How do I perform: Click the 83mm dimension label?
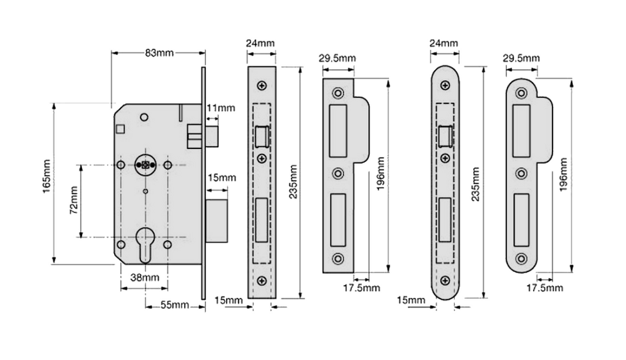pyautogui.click(x=159, y=53)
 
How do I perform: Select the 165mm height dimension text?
pyautogui.click(x=47, y=183)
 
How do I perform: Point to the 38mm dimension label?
pyautogui.click(x=145, y=277)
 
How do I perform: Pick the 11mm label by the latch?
pyautogui.click(x=221, y=108)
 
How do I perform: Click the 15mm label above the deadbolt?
pyautogui.click(x=221, y=178)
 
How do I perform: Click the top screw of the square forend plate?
pyautogui.click(x=262, y=86)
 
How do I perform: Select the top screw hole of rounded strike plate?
pyautogui.click(x=521, y=94)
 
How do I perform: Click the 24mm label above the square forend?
pyautogui.click(x=260, y=43)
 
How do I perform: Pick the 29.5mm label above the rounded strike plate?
pyautogui.click(x=521, y=58)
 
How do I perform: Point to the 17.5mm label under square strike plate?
pyautogui.click(x=362, y=287)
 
